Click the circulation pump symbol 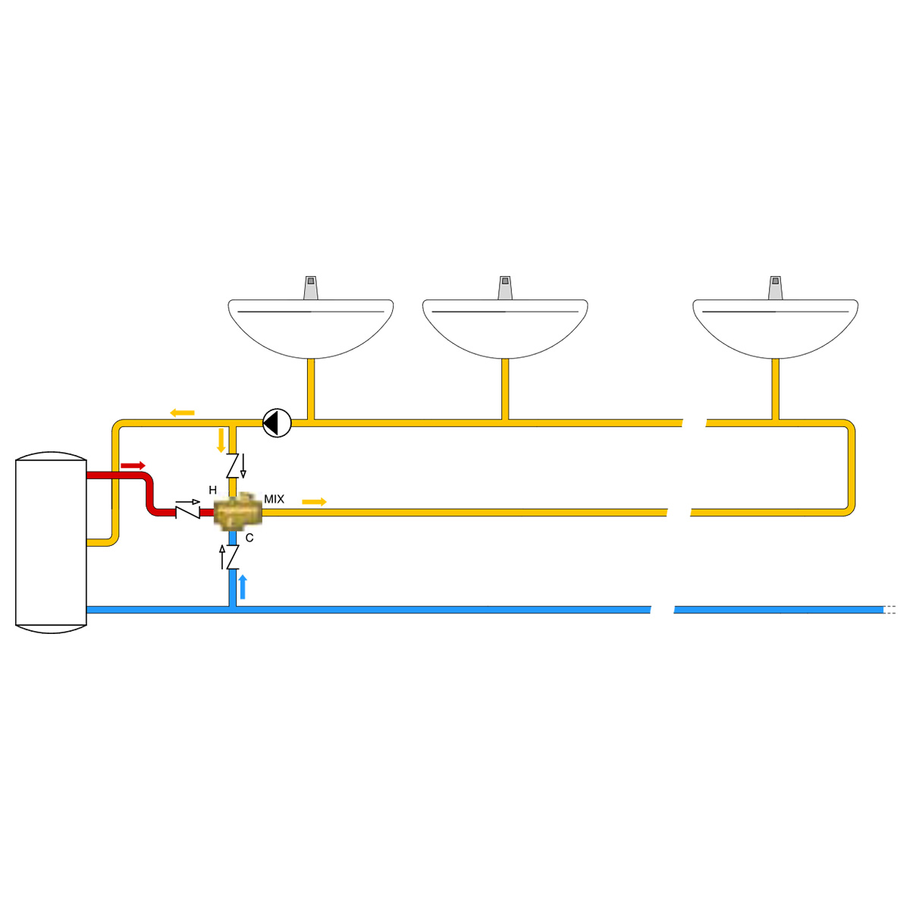coord(277,422)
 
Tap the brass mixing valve coord(237,511)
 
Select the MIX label coord(274,499)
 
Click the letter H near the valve coord(212,490)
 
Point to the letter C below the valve coord(249,538)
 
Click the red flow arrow coord(133,466)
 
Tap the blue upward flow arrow coord(243,587)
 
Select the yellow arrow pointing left coord(182,413)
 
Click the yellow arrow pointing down coord(221,440)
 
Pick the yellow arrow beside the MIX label coord(314,501)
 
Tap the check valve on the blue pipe coord(230,557)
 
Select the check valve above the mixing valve coord(235,466)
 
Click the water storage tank coord(51,543)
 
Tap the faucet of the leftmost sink coord(311,287)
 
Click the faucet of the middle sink coord(505,287)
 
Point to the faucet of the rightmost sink coord(776,287)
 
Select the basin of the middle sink coord(505,328)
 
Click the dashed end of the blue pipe coord(890,610)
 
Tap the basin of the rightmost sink coord(776,328)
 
